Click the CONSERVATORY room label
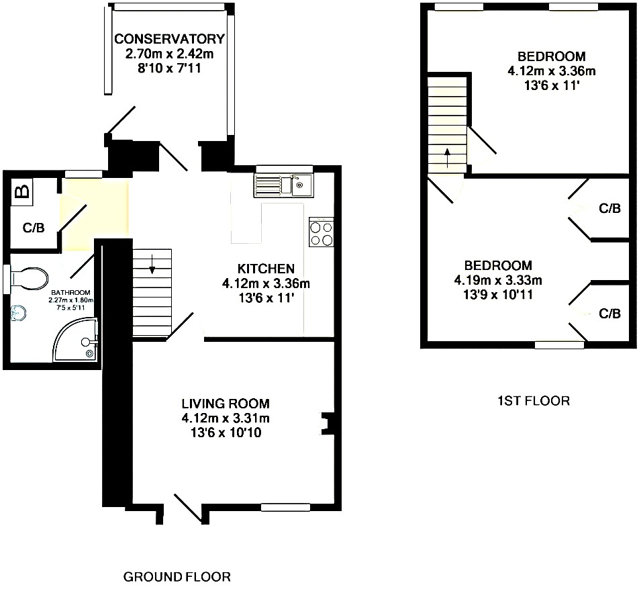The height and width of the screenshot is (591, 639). coord(170,39)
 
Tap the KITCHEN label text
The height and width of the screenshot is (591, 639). coord(266,269)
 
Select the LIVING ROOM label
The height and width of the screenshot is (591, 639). coord(226,404)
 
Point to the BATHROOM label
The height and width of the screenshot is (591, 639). coord(70,292)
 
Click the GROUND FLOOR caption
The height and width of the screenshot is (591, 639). coord(177,577)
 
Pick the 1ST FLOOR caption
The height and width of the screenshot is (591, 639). coord(534,401)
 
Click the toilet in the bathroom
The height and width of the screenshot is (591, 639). coord(28,278)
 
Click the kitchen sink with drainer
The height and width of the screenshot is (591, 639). coord(284,185)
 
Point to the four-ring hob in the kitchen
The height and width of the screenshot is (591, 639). coord(322,233)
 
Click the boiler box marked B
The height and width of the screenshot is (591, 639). coord(23,191)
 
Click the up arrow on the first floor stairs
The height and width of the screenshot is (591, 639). coord(448,158)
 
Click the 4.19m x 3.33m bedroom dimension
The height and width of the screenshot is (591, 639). coord(498,280)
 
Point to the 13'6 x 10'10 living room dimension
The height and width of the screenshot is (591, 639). coord(226,433)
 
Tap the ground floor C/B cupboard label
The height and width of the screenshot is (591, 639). coord(34,228)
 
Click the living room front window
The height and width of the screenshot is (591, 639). coord(285,507)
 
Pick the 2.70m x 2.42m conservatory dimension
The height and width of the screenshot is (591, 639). coord(170,54)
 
